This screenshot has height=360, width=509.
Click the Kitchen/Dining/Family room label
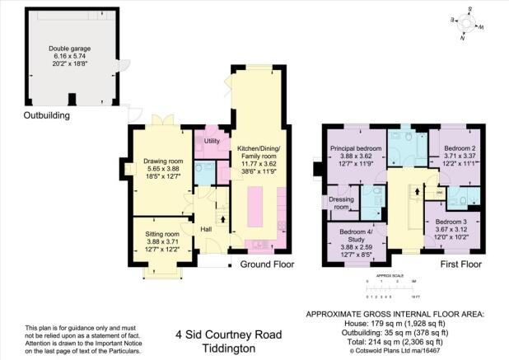[x=259, y=152]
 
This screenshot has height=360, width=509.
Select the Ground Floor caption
[x=267, y=265]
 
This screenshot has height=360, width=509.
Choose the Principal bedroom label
[x=357, y=149]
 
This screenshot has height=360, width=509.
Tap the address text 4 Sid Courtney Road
[x=228, y=334]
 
